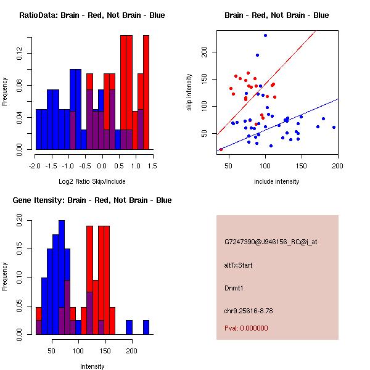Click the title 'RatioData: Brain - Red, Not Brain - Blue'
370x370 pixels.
[x=92, y=15]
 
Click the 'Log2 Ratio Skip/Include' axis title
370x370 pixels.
[x=92, y=182]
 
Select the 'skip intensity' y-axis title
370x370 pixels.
[x=189, y=92]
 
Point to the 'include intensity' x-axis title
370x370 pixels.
[x=277, y=181]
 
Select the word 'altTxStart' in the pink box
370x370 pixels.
[x=239, y=265]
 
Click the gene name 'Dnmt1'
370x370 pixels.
[x=234, y=287]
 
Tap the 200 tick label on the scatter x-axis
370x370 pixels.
[x=337, y=166]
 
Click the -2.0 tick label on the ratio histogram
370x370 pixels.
[x=36, y=166]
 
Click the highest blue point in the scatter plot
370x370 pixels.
[x=265, y=35]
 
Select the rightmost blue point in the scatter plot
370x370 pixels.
[x=334, y=127]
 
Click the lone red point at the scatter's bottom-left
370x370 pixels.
[x=221, y=149]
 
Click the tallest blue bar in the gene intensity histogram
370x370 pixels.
[x=61, y=277]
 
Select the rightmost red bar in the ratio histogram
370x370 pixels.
[x=146, y=92]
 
